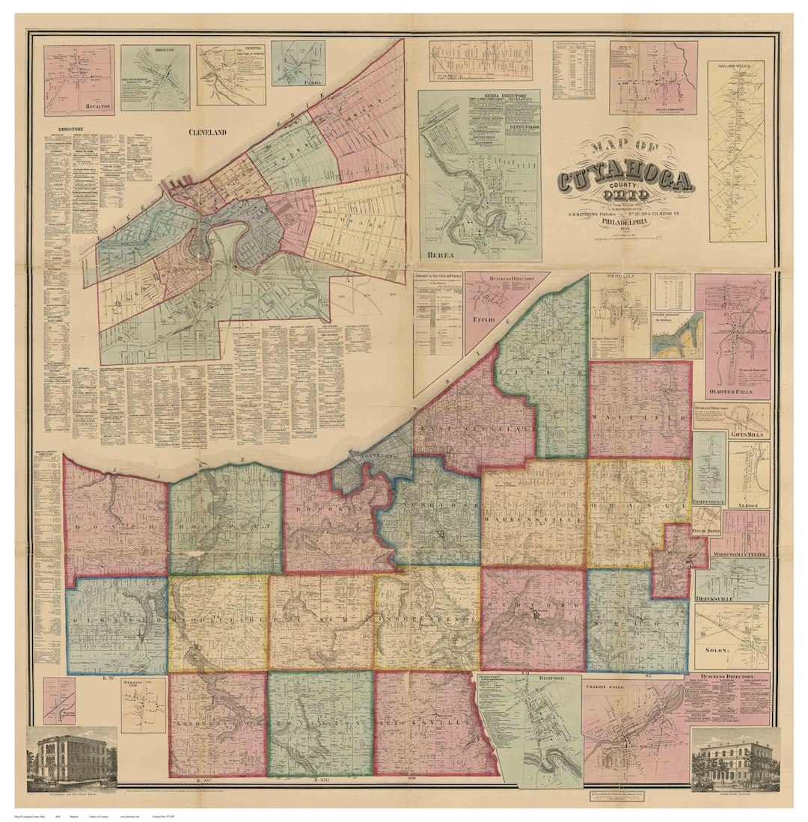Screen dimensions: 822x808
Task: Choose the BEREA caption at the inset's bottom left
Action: pyautogui.click(x=441, y=255)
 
